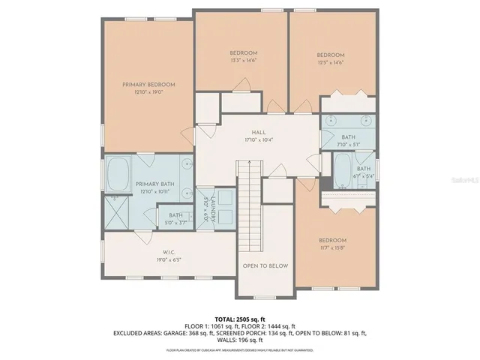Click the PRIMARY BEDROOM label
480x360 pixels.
coord(148,84)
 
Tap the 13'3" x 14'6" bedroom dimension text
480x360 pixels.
coord(243,61)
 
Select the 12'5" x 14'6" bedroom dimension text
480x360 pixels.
coord(330,64)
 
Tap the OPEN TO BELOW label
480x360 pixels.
coord(265,265)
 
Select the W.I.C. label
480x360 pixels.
coord(169,252)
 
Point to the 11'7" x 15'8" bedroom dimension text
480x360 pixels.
coord(332,249)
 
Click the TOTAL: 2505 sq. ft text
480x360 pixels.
coord(240,319)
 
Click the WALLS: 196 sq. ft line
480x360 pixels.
coord(240,339)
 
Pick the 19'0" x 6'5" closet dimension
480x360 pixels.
coord(169,260)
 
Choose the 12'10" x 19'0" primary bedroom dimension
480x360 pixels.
coord(148,92)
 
